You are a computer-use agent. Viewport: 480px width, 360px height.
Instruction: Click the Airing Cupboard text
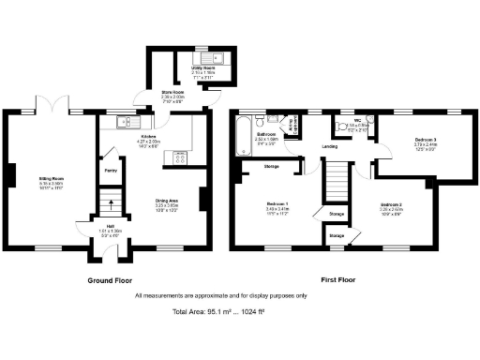click(x=294, y=127)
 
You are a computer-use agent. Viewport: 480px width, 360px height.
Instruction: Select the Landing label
click(x=330, y=147)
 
